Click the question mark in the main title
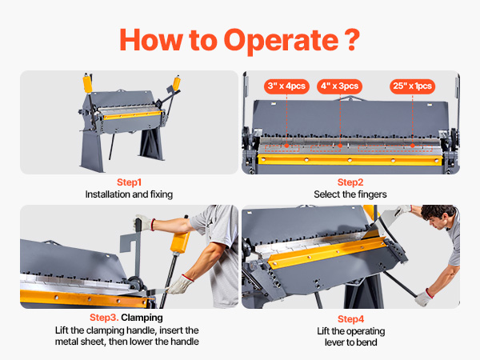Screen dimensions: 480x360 (x=352, y=40)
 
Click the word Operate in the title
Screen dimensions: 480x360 (x=281, y=42)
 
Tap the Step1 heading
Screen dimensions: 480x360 (x=129, y=182)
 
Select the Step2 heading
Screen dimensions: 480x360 (x=350, y=182)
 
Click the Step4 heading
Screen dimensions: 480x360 (x=351, y=319)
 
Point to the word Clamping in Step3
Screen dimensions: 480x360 (x=142, y=318)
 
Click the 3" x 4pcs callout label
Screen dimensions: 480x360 (x=286, y=86)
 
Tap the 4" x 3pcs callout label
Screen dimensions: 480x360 (x=339, y=86)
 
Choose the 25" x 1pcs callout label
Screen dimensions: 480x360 (x=412, y=86)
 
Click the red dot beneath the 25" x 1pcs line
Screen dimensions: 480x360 (x=413, y=146)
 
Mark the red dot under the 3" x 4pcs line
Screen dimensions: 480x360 (x=286, y=146)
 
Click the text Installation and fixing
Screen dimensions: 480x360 (x=129, y=194)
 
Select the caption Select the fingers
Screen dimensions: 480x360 (x=350, y=194)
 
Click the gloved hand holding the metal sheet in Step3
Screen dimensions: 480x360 (x=181, y=284)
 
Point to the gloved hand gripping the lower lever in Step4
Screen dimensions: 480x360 (x=424, y=298)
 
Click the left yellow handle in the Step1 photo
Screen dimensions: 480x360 (x=87, y=83)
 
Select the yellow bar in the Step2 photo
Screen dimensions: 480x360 (x=350, y=160)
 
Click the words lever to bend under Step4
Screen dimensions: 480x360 (x=351, y=342)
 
